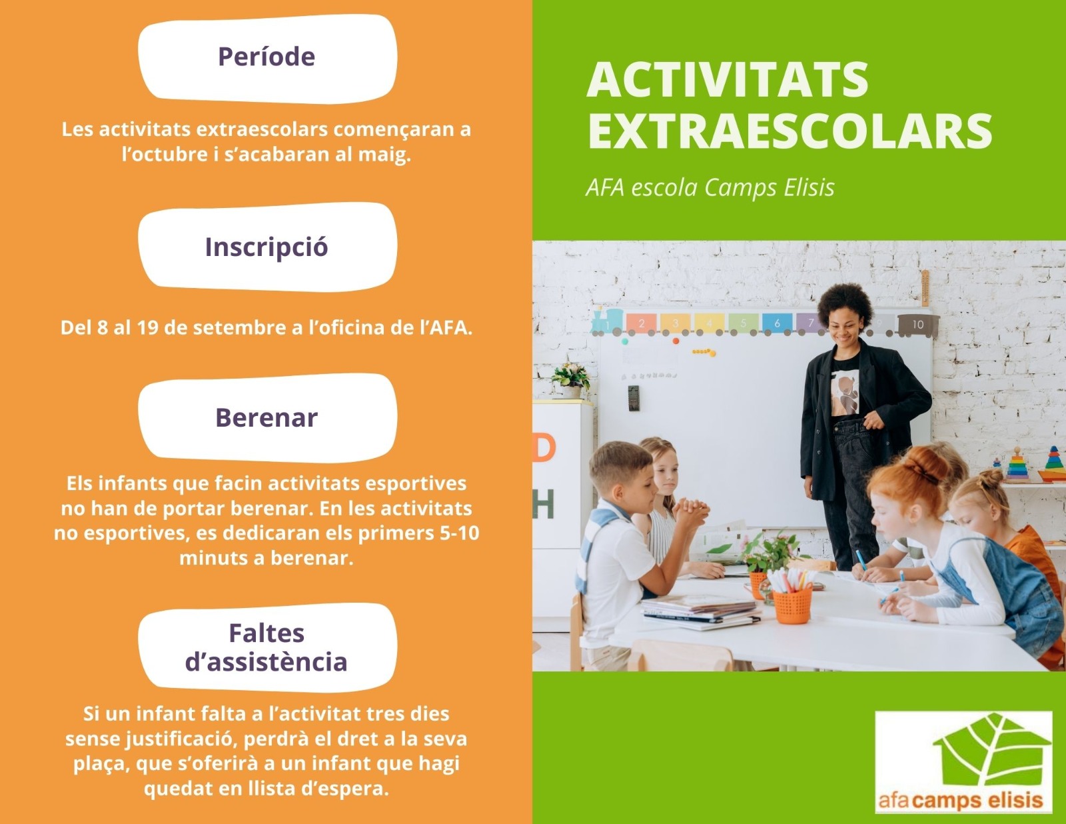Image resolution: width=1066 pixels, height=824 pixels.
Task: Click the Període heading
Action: click(x=266, y=57)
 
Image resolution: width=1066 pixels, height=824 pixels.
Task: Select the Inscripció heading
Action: click(x=266, y=247)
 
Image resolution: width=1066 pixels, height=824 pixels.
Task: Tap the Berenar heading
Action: click(x=266, y=417)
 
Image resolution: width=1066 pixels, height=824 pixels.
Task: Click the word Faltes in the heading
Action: click(x=266, y=633)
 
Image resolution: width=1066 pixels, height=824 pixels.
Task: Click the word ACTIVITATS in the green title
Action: click(x=728, y=79)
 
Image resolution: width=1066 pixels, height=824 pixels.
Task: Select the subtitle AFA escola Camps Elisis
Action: click(x=710, y=187)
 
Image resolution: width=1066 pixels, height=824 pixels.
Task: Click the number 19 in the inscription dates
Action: click(x=148, y=327)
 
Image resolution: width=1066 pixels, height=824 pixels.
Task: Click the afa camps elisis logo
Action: click(x=964, y=762)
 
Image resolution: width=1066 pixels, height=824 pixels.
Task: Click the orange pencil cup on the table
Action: click(x=792, y=605)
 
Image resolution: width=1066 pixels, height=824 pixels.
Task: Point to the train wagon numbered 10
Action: click(x=918, y=325)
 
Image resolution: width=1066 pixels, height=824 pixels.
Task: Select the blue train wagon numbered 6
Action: click(x=777, y=323)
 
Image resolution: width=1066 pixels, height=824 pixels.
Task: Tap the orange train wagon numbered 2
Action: click(x=641, y=323)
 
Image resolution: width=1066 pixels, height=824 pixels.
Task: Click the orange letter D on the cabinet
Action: click(x=544, y=447)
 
